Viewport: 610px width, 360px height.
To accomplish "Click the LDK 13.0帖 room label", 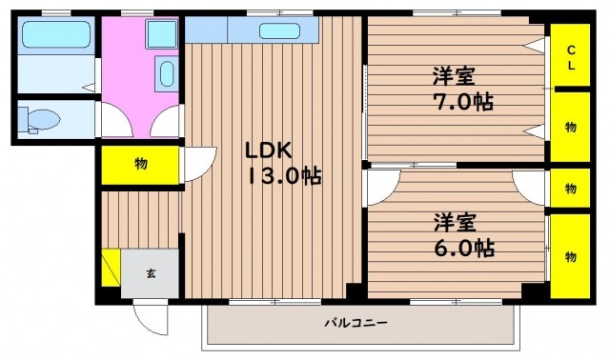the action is click(x=283, y=163).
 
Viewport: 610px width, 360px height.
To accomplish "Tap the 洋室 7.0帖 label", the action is click(x=463, y=89).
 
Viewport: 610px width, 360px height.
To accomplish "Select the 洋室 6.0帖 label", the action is click(x=464, y=235).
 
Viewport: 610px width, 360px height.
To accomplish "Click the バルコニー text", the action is click(x=356, y=323).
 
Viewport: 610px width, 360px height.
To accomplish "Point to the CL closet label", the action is click(x=571, y=57).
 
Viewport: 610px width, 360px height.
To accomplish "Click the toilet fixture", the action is click(x=39, y=120).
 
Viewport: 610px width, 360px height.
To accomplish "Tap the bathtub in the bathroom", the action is click(x=56, y=34).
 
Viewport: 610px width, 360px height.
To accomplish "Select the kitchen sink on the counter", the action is click(x=279, y=31).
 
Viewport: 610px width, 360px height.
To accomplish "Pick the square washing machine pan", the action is click(x=161, y=34).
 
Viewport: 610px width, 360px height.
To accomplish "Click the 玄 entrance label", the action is click(x=151, y=273).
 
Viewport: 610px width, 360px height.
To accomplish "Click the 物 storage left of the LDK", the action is click(x=140, y=165).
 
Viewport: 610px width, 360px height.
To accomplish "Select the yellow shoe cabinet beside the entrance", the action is click(x=112, y=268).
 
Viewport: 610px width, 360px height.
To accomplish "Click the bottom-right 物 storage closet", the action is click(x=570, y=256).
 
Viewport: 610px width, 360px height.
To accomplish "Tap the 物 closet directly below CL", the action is click(x=570, y=127).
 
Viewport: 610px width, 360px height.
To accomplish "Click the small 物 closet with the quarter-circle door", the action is click(x=570, y=189).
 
